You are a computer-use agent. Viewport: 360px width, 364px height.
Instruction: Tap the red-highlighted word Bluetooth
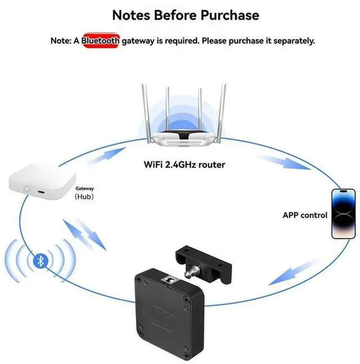[x=101, y=40]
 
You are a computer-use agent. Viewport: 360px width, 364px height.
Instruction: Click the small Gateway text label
[x=84, y=189]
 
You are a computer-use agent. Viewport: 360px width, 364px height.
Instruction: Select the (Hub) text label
[x=84, y=197]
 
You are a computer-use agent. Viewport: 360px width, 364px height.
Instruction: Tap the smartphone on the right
[x=343, y=213]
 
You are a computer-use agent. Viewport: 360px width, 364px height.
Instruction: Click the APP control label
[x=304, y=215]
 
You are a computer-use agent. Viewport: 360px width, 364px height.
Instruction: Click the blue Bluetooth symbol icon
[x=39, y=261]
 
